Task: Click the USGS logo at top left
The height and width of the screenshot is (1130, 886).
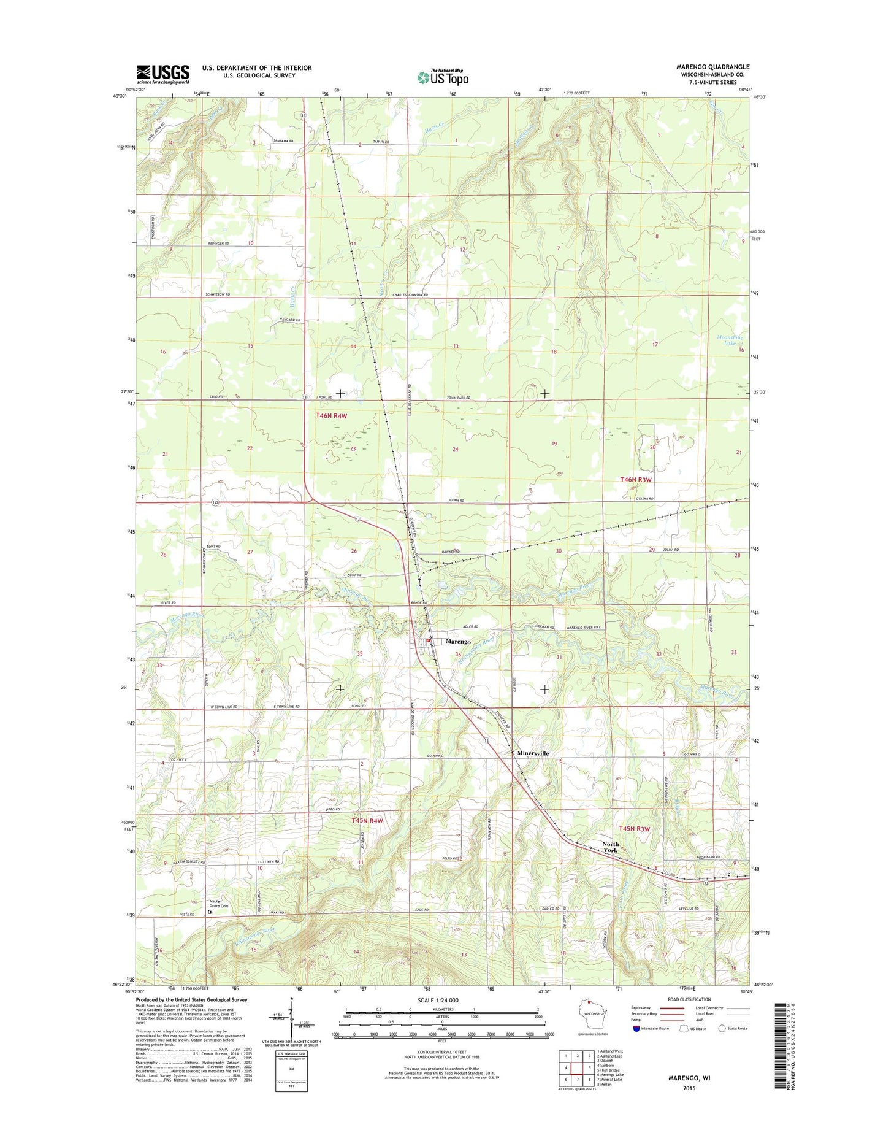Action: (x=162, y=74)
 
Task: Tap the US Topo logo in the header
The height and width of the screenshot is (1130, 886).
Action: (x=443, y=77)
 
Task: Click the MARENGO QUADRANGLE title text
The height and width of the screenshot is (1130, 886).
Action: (x=712, y=67)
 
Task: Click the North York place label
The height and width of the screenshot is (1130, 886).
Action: (x=610, y=847)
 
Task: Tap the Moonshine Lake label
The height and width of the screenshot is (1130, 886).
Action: (x=730, y=340)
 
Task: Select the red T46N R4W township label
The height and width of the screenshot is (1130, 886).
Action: (x=331, y=415)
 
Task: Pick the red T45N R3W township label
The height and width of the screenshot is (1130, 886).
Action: (x=633, y=828)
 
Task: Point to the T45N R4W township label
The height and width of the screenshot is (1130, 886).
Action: (x=367, y=820)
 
